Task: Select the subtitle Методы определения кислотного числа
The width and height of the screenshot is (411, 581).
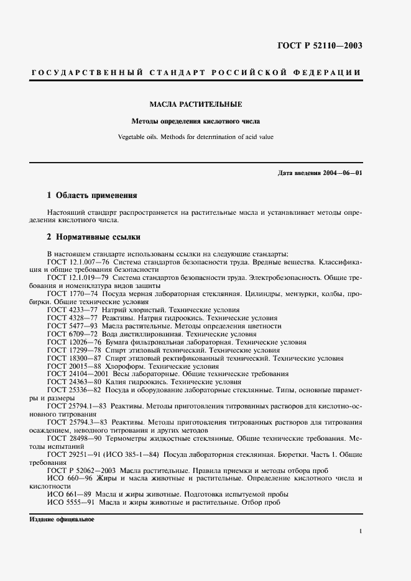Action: pyautogui.click(x=195, y=121)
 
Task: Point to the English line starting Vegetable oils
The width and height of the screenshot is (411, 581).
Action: pyautogui.click(x=195, y=137)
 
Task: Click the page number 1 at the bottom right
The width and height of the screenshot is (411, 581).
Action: pyautogui.click(x=361, y=531)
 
